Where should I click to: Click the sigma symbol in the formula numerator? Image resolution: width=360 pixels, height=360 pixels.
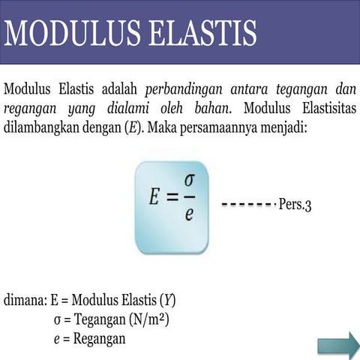tap(189, 182)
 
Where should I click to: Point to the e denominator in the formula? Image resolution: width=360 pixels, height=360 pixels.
tap(189, 214)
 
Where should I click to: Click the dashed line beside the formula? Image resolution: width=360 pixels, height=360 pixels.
tap(247, 204)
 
